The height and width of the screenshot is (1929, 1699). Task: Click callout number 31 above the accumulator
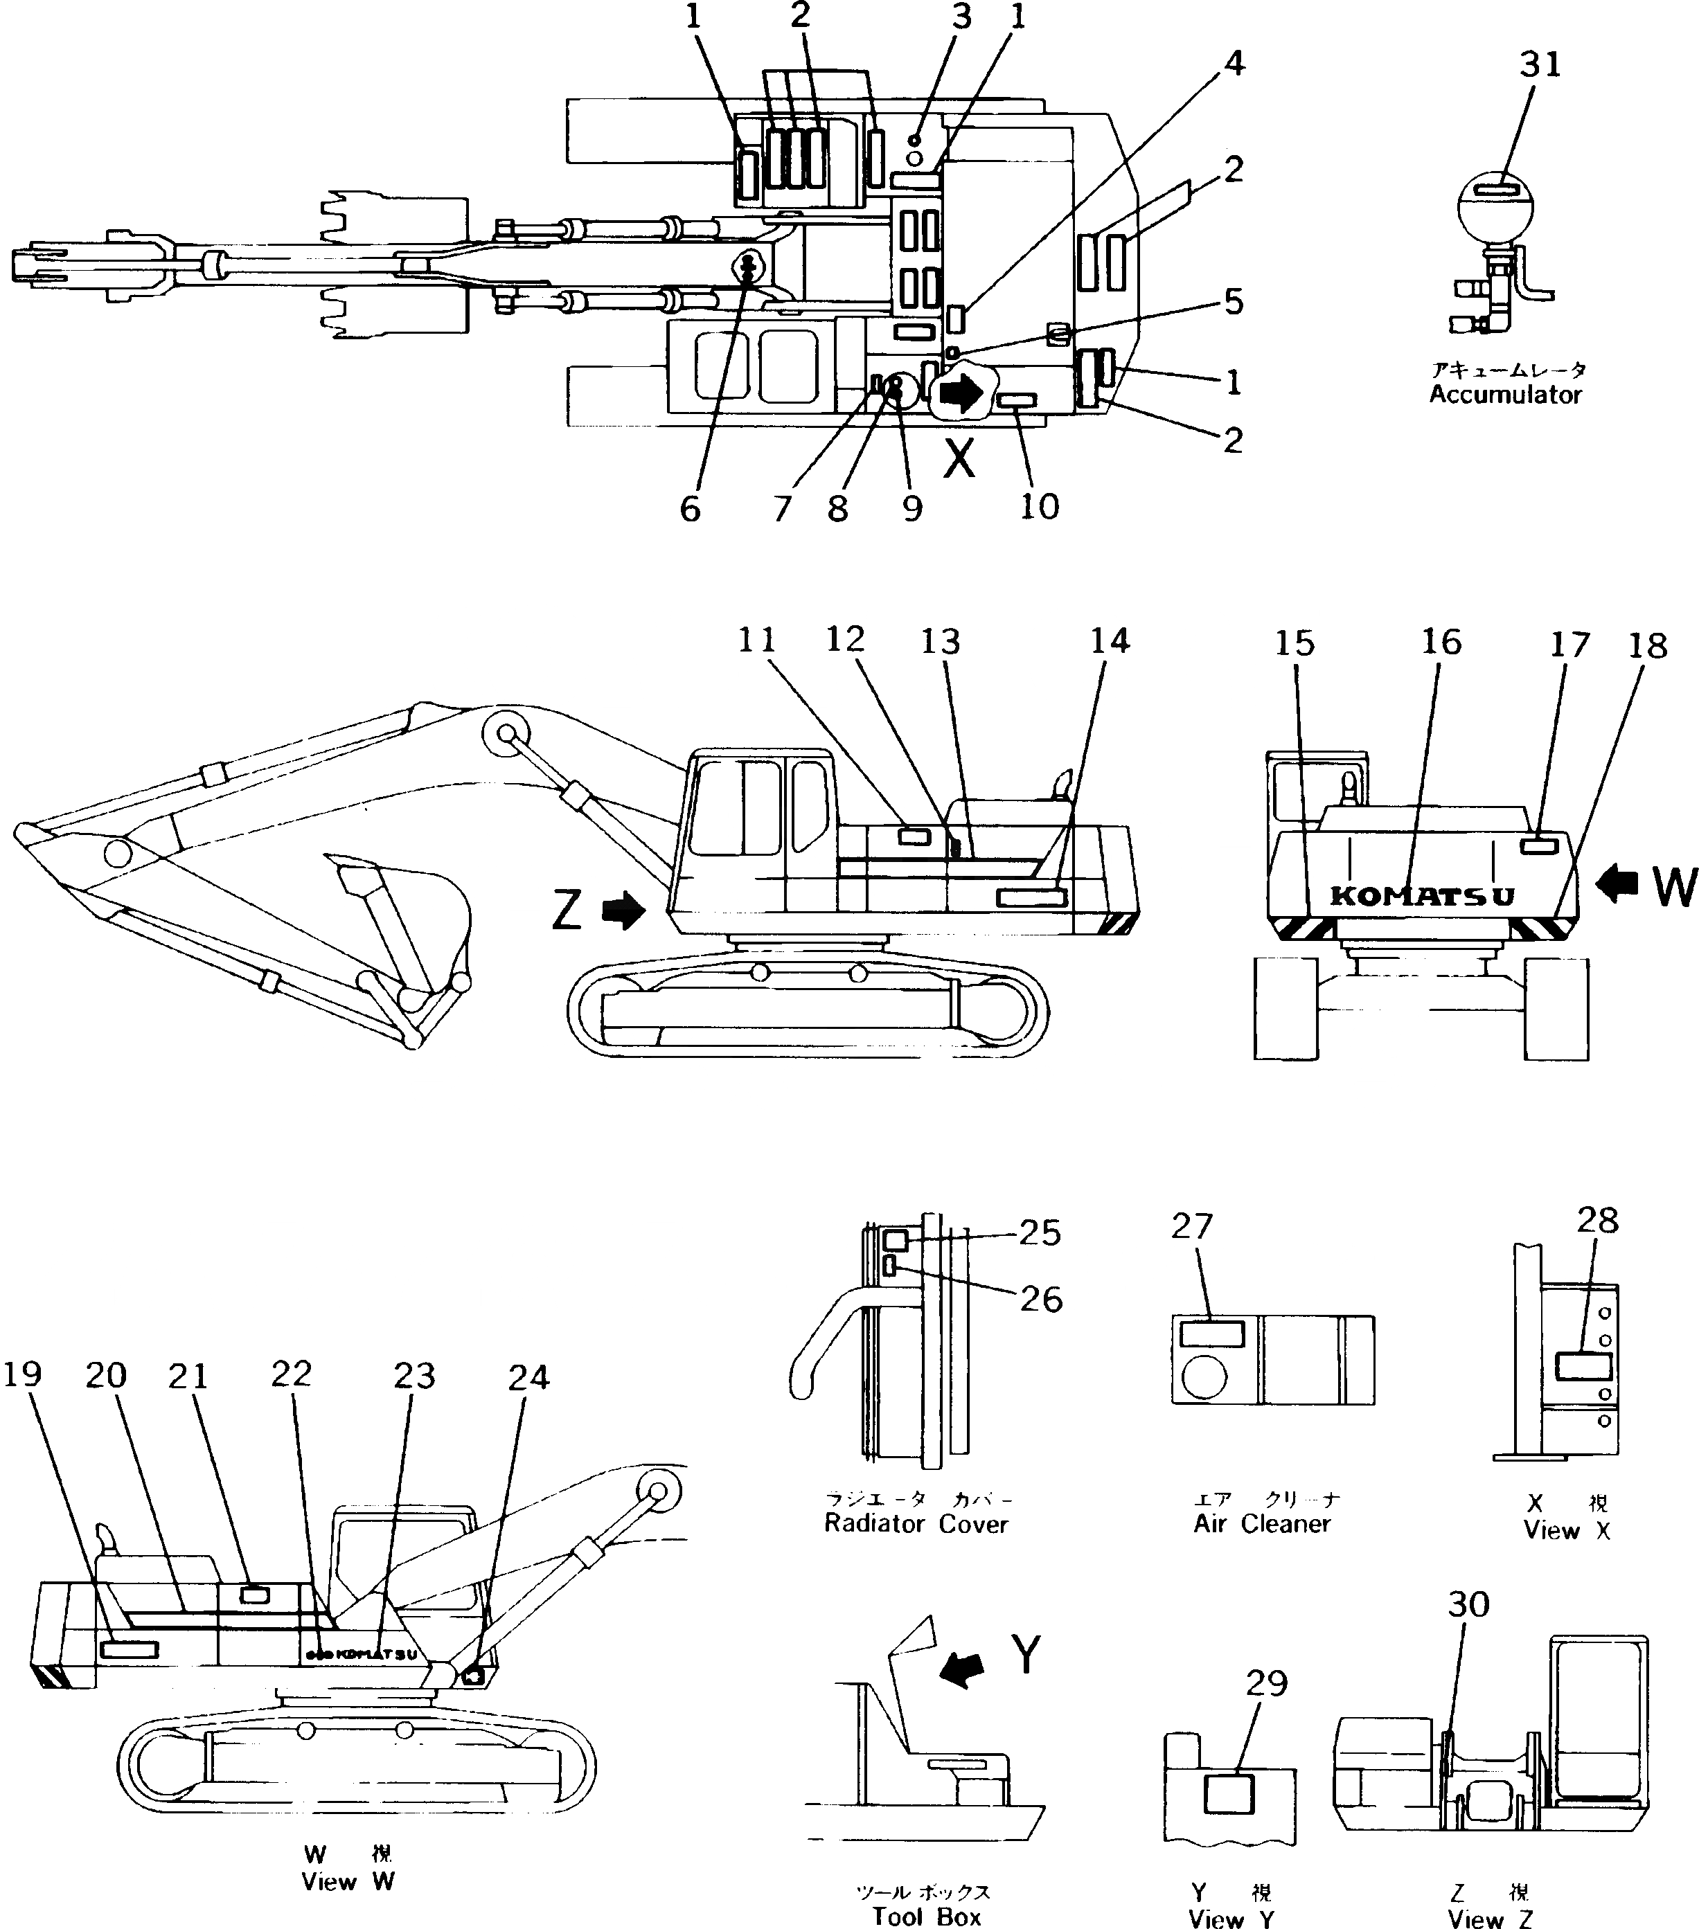tap(1540, 64)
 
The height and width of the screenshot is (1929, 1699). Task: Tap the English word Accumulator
tap(1504, 395)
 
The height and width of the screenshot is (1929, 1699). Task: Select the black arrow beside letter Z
tap(622, 912)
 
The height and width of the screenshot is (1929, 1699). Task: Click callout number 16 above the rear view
tap(1441, 642)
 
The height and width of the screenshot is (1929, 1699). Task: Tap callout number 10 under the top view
tap(1039, 507)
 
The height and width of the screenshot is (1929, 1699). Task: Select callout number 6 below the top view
tap(690, 510)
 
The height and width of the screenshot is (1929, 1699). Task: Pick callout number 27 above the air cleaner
tap(1191, 1226)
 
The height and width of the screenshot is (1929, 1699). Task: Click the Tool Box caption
tap(926, 1917)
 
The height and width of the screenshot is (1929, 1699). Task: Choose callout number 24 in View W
tap(528, 1378)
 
